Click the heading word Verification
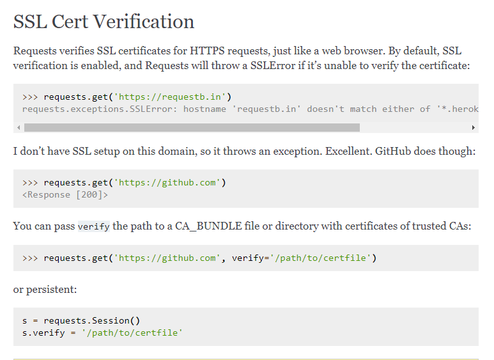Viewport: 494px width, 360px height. click(x=143, y=22)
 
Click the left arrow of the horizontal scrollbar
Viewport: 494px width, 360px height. click(x=19, y=127)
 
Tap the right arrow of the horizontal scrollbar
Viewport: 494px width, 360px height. click(x=473, y=127)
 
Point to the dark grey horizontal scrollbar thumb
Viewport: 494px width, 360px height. click(x=192, y=127)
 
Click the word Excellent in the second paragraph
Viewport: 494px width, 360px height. click(x=352, y=152)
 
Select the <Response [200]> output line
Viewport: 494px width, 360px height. click(x=65, y=194)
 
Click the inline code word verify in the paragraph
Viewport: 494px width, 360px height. click(x=93, y=227)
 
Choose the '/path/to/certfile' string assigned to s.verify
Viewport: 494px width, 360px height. click(x=132, y=333)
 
